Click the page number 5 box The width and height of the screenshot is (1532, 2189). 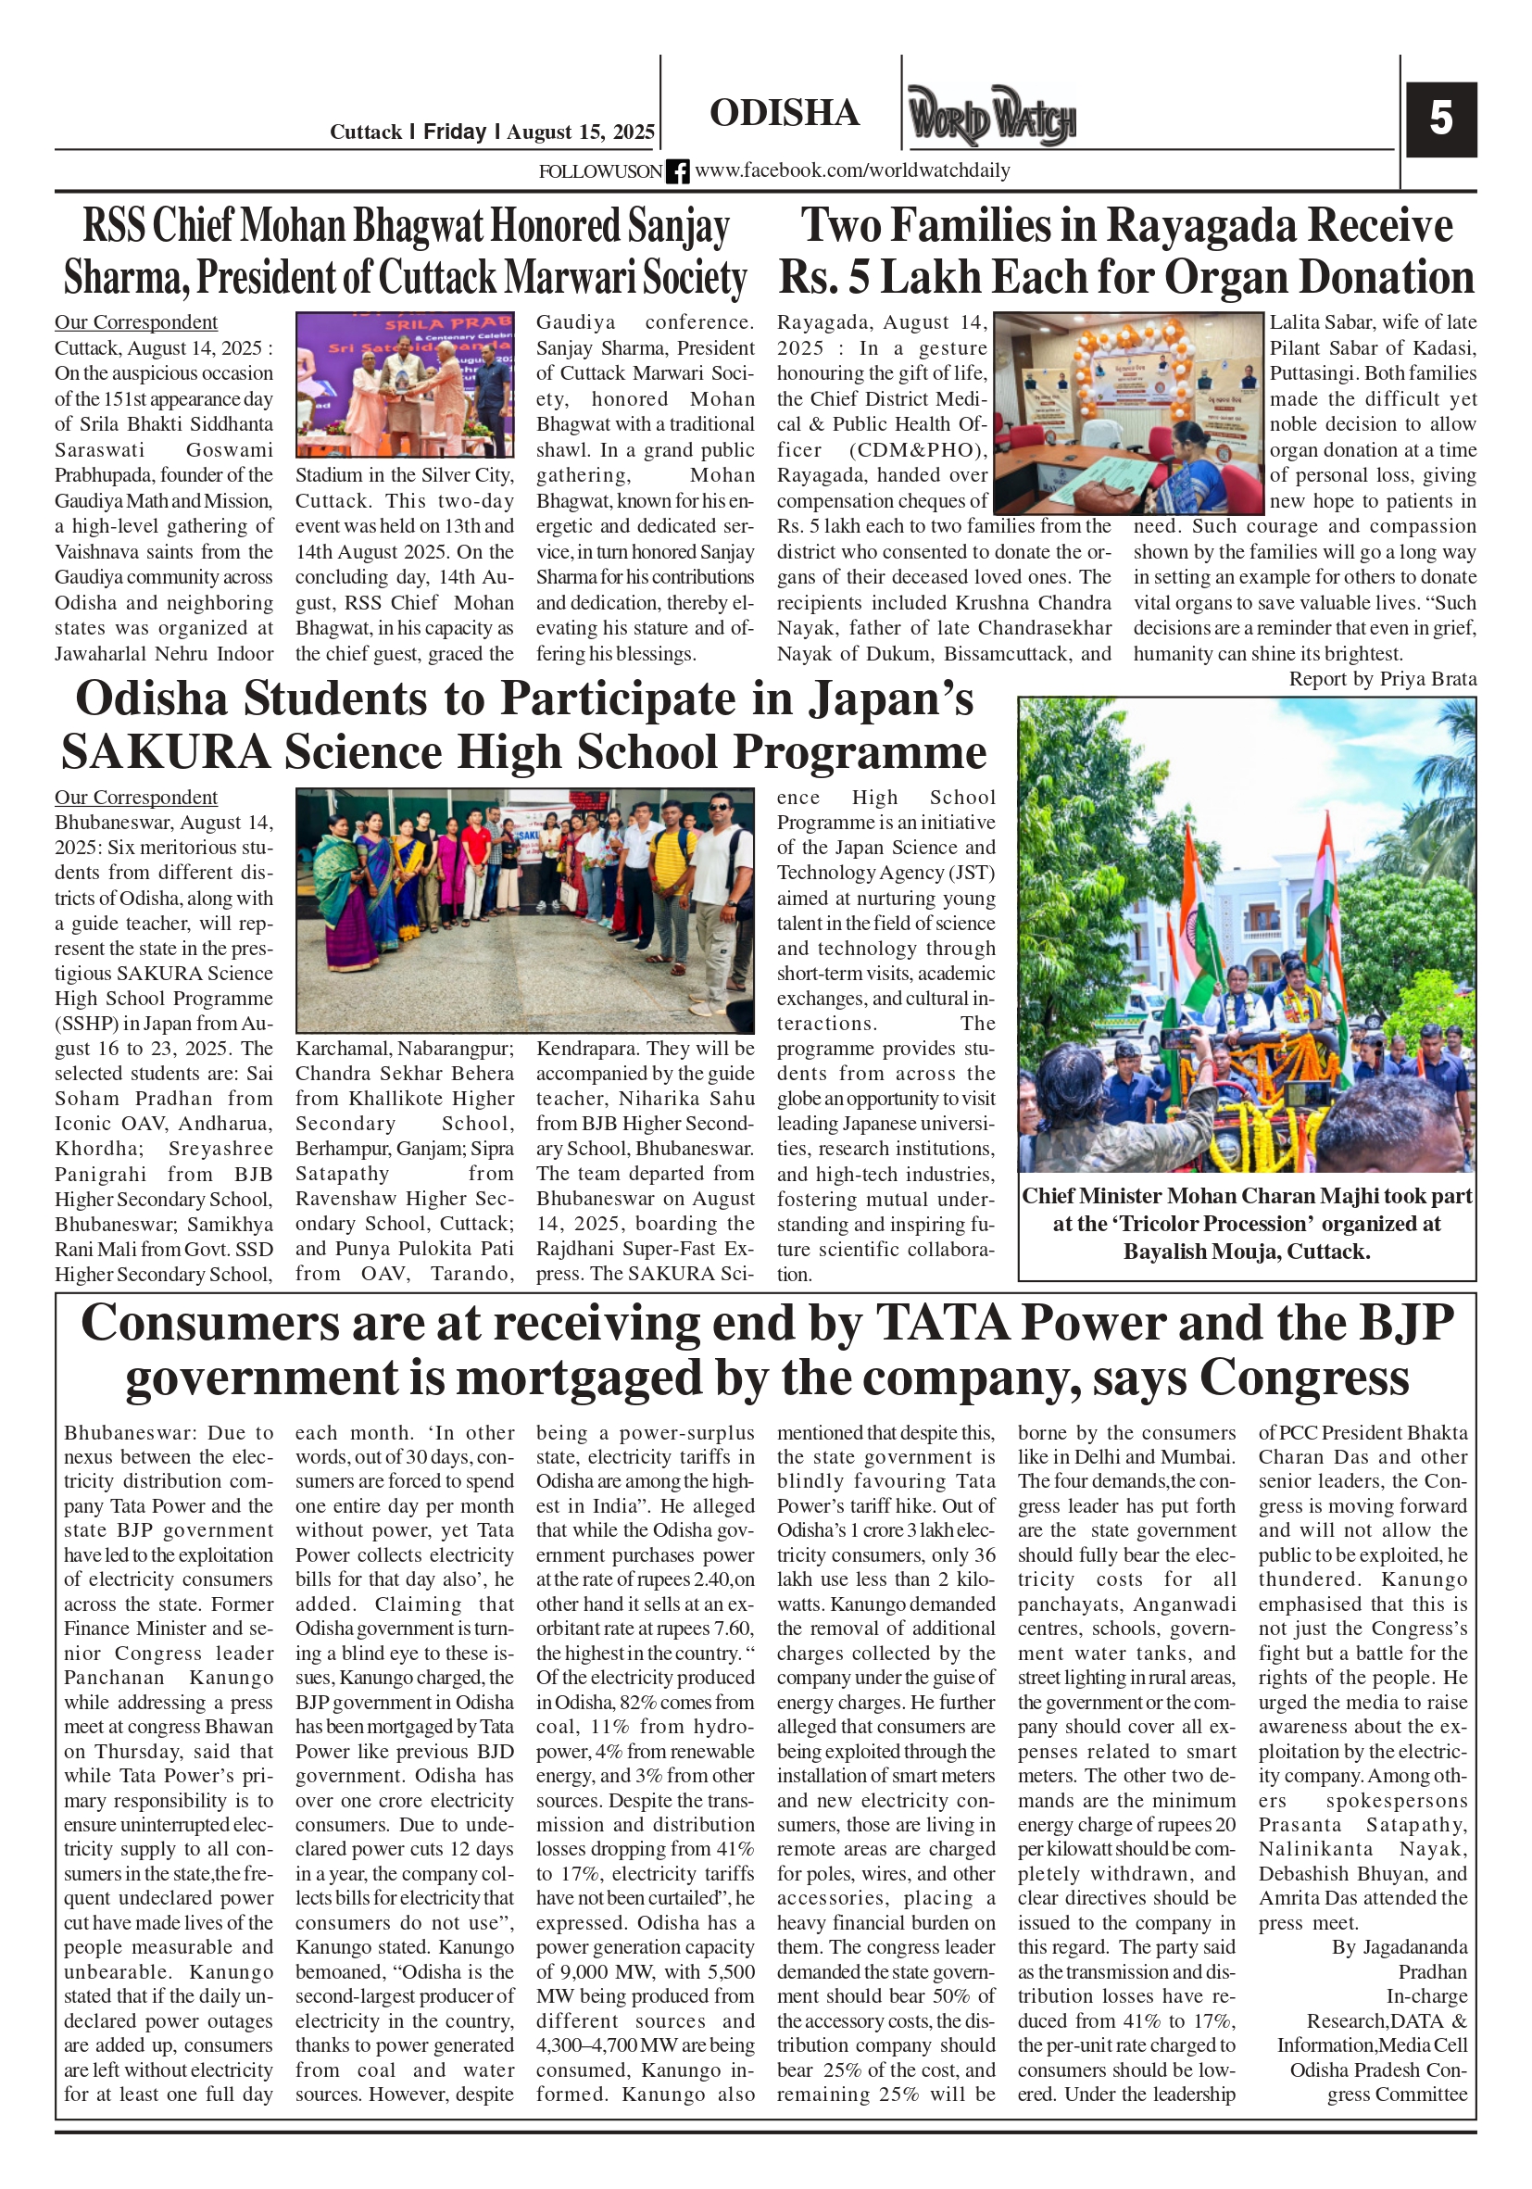(x=1440, y=120)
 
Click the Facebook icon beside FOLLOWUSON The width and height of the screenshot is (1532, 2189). (x=677, y=171)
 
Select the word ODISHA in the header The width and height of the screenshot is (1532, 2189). (x=784, y=112)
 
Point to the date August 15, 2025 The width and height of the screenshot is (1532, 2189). (x=580, y=132)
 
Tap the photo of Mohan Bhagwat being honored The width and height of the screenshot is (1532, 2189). (x=404, y=385)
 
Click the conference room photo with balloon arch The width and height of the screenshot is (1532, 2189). (x=1128, y=413)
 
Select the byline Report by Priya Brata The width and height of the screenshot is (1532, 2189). (x=1381, y=679)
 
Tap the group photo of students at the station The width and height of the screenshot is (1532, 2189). (x=524, y=910)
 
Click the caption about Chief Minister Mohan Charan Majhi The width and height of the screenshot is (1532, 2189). (x=1246, y=1223)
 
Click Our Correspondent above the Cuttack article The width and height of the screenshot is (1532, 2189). (x=135, y=322)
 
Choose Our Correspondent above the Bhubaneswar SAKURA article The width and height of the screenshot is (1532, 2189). (x=135, y=797)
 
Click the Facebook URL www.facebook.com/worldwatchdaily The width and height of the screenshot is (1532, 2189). (x=851, y=170)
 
